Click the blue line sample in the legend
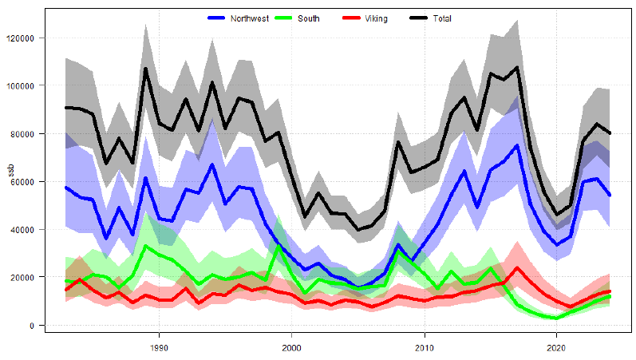coord(217,18)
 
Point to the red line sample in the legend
coord(350,18)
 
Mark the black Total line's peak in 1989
coord(146,69)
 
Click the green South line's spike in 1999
coord(278,244)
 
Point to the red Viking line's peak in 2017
coord(517,268)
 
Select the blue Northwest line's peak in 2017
coord(517,145)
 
